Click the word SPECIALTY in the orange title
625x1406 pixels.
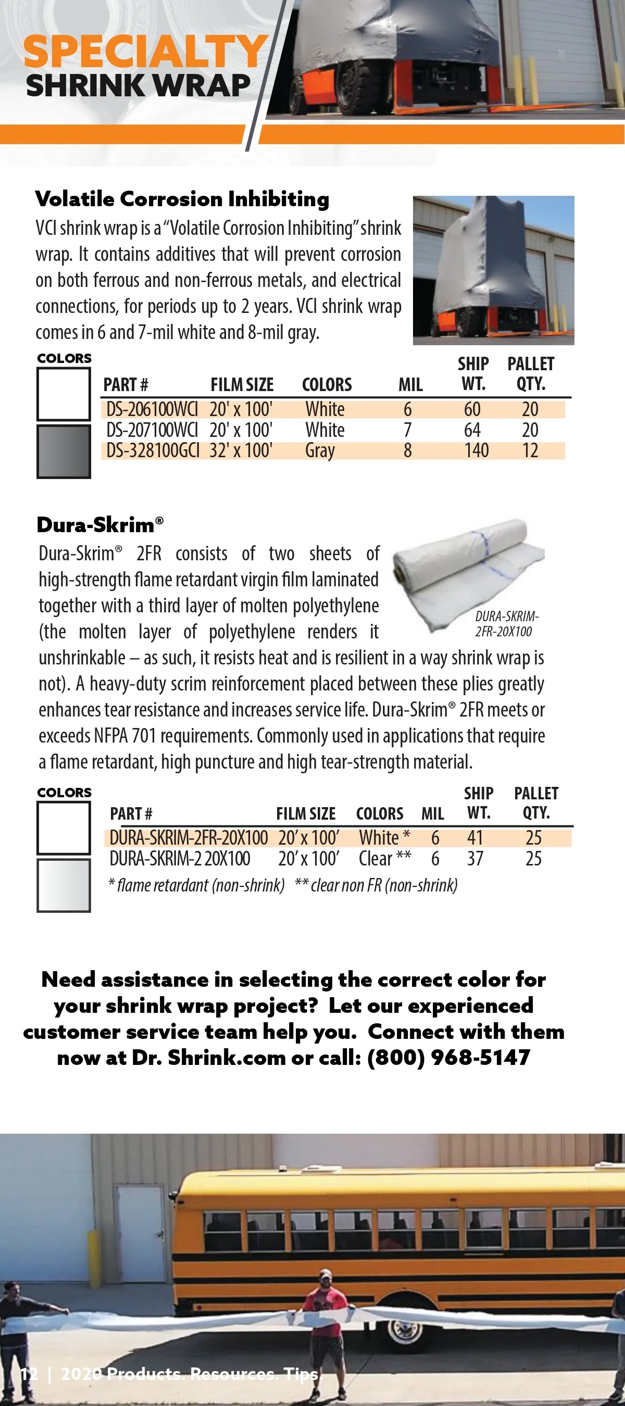[x=145, y=52]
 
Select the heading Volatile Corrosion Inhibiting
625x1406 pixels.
[x=182, y=199]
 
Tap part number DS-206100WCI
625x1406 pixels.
[x=152, y=409]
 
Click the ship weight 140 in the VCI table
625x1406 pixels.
[x=476, y=451]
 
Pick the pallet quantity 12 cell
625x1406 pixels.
[x=530, y=451]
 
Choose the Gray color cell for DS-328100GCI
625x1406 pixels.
[x=320, y=451]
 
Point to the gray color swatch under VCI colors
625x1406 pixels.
[x=64, y=451]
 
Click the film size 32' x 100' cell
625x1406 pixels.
[x=241, y=451]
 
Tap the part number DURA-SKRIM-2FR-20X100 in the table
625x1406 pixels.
[x=189, y=838]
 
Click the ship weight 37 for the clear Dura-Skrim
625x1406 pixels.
[x=475, y=859]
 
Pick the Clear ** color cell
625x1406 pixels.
[x=384, y=859]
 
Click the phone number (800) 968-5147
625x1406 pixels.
[x=448, y=1058]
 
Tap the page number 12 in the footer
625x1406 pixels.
[x=29, y=1373]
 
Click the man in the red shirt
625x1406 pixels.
[x=326, y=1310]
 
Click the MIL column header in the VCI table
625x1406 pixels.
[x=410, y=385]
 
